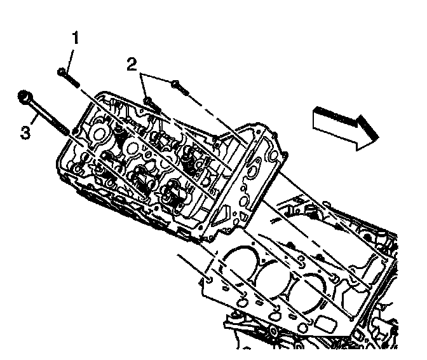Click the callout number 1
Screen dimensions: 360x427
pyautogui.click(x=75, y=39)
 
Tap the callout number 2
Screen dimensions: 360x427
pyautogui.click(x=131, y=63)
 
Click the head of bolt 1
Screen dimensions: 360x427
pyautogui.click(x=61, y=71)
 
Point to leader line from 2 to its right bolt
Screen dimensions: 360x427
pyautogui.click(x=158, y=78)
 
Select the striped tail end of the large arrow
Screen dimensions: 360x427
pyautogui.click(x=318, y=115)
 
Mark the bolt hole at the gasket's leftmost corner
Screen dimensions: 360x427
pyautogui.click(x=208, y=278)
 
